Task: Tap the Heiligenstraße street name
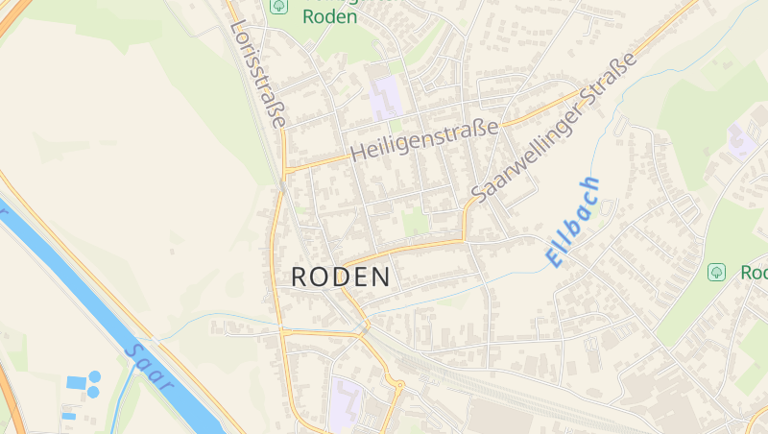425,141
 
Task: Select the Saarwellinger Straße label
554,128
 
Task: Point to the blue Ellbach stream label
572,222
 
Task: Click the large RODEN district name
341,277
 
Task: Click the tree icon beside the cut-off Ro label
716,273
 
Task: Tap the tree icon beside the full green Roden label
278,6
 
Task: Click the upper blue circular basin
94,376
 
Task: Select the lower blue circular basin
93,392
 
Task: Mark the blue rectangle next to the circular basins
76,383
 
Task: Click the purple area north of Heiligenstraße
387,99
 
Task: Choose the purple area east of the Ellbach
741,140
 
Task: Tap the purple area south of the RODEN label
346,403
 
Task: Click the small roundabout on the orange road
398,386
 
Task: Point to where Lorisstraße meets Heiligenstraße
285,171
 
